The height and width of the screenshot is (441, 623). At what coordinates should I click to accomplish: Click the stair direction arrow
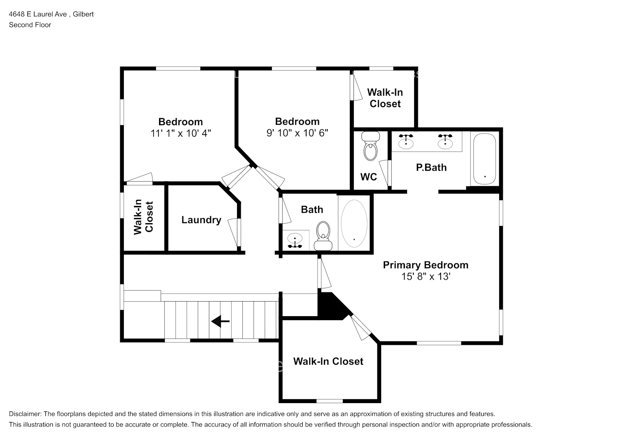click(220, 321)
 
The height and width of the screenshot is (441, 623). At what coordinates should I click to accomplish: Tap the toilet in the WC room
click(371, 146)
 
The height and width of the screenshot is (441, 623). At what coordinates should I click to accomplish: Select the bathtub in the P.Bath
click(485, 159)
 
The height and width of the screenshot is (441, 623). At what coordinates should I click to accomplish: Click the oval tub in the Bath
click(354, 223)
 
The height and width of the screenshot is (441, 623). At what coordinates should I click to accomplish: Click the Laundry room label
click(201, 220)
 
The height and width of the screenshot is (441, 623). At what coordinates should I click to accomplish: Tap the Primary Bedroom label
click(426, 265)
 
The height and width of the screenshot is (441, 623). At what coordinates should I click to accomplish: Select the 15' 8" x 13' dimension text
click(426, 277)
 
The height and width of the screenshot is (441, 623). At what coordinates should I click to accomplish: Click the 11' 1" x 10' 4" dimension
click(181, 133)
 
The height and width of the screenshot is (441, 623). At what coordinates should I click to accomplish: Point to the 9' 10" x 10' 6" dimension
click(297, 133)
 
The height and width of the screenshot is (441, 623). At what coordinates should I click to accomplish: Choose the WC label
click(368, 177)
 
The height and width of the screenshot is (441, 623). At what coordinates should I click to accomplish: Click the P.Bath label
click(431, 167)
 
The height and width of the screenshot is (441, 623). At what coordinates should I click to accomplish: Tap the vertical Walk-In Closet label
click(144, 217)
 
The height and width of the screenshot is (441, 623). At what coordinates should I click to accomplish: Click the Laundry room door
click(235, 232)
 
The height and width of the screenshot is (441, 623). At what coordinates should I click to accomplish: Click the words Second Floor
click(30, 25)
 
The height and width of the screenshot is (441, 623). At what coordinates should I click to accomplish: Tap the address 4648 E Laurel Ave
click(38, 14)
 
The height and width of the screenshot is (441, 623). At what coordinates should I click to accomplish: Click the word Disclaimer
click(25, 414)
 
